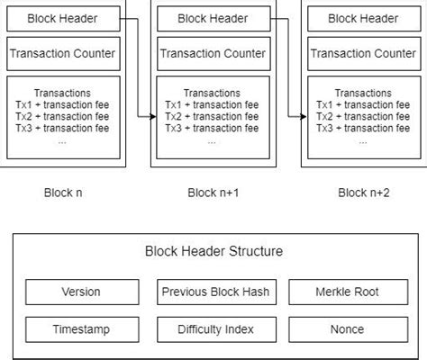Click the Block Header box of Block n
tap(62, 18)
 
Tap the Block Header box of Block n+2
tap(363, 18)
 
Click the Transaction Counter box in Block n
tap(62, 54)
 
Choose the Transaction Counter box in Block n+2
tap(363, 54)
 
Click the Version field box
tap(82, 292)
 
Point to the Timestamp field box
tap(82, 329)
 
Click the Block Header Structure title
tap(213, 252)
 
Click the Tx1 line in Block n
tap(62, 105)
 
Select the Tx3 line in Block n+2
tap(363, 129)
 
